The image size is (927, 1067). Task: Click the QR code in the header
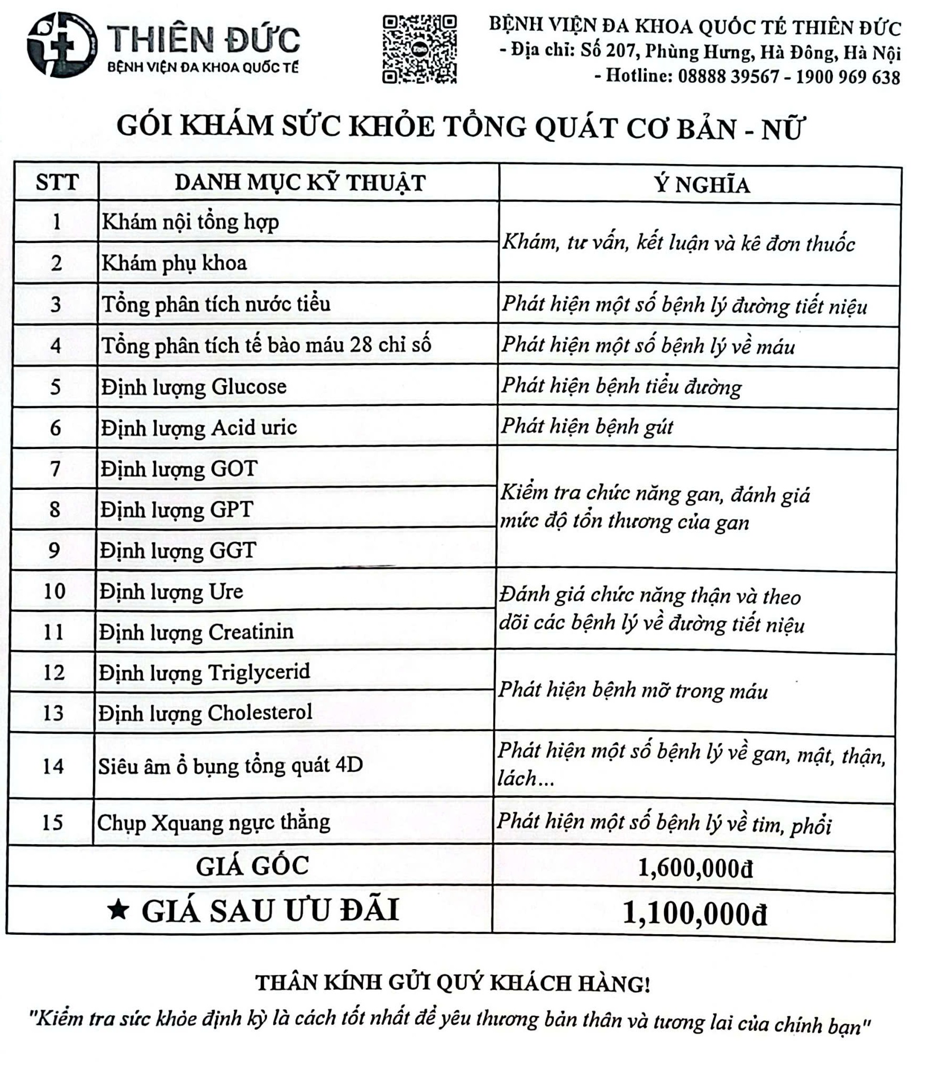[x=419, y=49]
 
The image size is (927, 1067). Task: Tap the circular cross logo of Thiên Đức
[x=62, y=45]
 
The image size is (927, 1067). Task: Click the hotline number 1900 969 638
[x=848, y=77]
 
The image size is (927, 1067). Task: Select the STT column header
[x=57, y=182]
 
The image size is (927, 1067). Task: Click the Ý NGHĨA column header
[x=702, y=185]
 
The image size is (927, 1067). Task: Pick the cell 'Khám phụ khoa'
[x=174, y=263]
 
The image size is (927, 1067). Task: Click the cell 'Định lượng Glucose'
[x=194, y=387]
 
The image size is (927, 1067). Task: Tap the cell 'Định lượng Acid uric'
[x=199, y=428]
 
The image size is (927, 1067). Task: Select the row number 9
[x=54, y=550]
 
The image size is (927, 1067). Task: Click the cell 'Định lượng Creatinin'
[x=196, y=632]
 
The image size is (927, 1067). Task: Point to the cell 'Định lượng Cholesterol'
[x=206, y=713]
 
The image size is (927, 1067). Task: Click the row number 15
[x=52, y=823]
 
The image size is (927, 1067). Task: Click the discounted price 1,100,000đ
[x=694, y=914]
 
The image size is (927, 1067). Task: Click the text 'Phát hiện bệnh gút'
[x=587, y=426]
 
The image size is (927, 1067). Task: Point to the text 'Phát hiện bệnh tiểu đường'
[x=621, y=386]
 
